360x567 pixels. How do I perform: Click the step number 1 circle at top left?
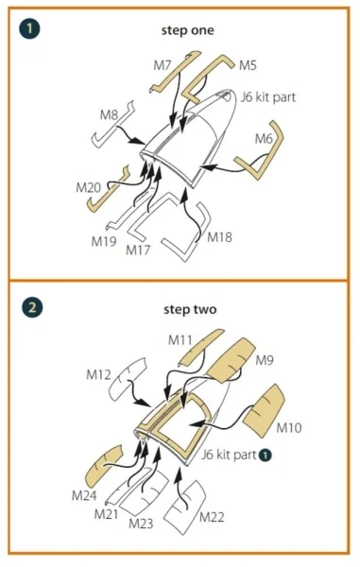coord(29,28)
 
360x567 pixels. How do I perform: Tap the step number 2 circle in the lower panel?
coord(32,308)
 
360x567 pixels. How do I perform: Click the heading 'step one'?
coord(187,30)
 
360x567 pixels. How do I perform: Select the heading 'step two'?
coord(190,310)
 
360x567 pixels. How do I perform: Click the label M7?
coord(163,65)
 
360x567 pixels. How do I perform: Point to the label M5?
coord(248,65)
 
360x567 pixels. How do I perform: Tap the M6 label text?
coord(264,139)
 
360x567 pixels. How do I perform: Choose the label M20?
coord(88,188)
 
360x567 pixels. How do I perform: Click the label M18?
coord(219,237)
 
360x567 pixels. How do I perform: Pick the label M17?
coord(138,249)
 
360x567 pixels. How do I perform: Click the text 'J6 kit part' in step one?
coord(268,97)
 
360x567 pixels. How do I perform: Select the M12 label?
coord(98,374)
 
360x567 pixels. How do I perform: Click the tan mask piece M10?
coord(265,410)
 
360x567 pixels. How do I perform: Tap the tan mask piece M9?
coord(231,360)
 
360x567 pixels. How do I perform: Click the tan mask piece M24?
coord(103,465)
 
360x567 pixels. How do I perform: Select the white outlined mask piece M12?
coord(127,379)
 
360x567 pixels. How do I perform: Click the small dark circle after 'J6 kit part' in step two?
coord(266,455)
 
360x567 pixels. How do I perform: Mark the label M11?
coord(180,340)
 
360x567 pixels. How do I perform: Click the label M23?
coord(141,524)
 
